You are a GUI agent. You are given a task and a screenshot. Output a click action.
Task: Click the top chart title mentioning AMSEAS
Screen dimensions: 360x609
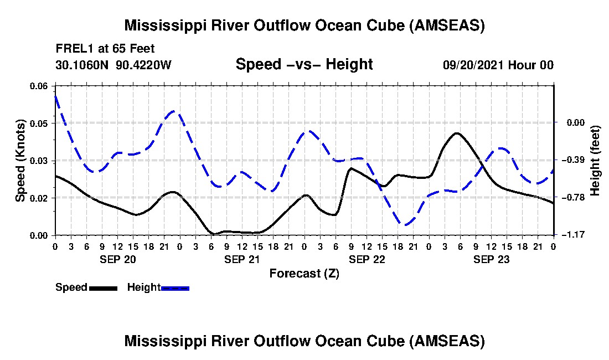pos(304,25)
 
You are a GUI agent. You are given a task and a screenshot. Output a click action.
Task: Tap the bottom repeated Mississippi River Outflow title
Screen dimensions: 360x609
pos(304,341)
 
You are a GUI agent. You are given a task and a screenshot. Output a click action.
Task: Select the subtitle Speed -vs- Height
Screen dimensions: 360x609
pos(304,64)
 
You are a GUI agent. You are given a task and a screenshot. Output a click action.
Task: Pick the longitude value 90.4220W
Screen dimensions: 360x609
pos(144,65)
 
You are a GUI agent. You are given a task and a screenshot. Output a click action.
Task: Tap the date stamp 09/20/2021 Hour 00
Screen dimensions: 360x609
pos(498,65)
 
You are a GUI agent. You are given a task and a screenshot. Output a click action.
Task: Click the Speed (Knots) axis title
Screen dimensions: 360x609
pos(20,160)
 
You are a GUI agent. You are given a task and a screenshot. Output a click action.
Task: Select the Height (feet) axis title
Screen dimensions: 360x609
pos(596,160)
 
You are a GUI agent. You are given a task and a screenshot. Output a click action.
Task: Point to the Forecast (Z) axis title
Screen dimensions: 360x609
pos(304,273)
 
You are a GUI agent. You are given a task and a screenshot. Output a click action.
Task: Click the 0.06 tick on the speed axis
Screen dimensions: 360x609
pos(39,86)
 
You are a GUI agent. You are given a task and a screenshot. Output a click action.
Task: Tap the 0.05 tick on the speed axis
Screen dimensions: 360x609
pos(39,123)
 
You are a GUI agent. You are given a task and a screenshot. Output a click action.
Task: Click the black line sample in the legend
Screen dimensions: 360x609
pos(103,287)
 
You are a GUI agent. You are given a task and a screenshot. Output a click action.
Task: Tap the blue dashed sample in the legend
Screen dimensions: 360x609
pos(175,287)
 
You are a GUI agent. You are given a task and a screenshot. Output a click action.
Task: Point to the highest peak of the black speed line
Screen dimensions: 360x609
pos(456,133)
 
